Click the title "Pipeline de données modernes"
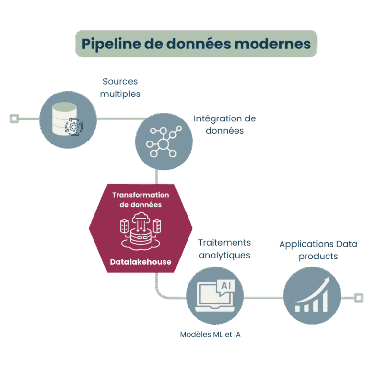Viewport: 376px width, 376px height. tap(196, 44)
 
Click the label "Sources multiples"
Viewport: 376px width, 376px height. tap(120, 88)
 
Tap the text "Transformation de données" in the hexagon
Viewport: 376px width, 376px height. tap(141, 200)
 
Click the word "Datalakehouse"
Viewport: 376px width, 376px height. tap(141, 262)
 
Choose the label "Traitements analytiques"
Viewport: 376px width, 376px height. tap(224, 249)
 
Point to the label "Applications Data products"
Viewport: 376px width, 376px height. tap(318, 250)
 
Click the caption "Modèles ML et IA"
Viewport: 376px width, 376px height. tap(210, 335)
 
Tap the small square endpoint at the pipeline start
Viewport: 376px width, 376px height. tap(14, 118)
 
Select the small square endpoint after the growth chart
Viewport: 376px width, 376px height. tap(359, 297)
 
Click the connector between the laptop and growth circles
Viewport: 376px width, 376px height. tap(263, 297)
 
